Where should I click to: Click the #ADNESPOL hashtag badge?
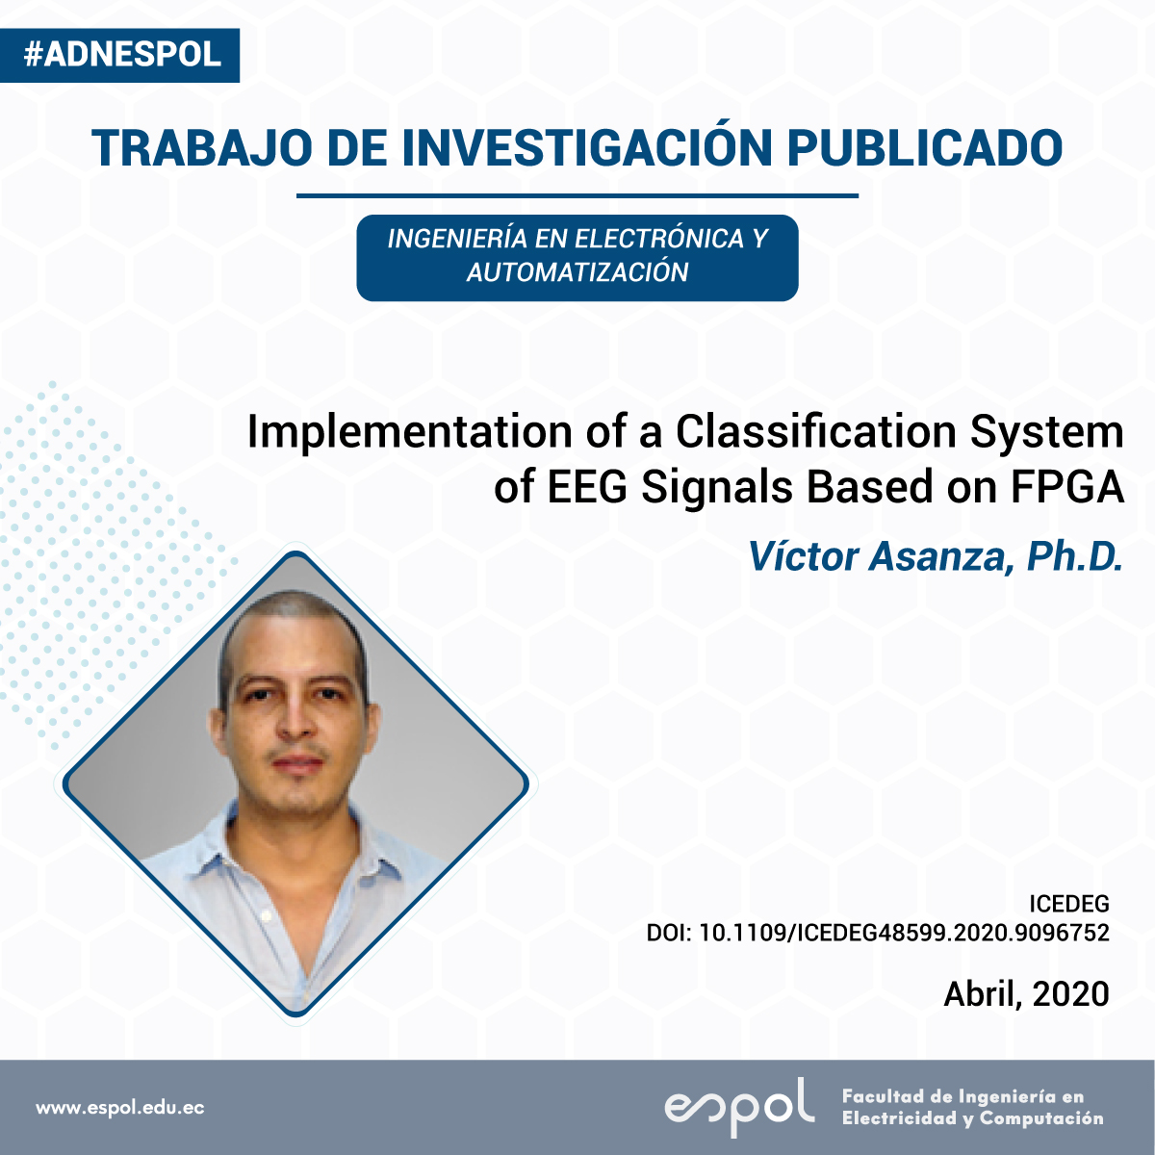pos(120,55)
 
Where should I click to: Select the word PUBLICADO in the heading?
pos(925,147)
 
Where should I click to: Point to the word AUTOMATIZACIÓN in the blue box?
pos(577,272)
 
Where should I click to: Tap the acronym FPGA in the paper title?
pos(1067,487)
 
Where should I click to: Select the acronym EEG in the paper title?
pos(587,487)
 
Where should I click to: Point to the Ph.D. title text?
pos(1074,557)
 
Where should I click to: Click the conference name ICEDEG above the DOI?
pos(1069,903)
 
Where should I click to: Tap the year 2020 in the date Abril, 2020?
pos(1070,993)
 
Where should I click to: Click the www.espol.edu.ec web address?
pos(120,1107)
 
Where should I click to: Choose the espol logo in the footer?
pos(739,1107)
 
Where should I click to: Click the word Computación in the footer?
pos(1041,1118)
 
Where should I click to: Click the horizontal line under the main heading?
pos(577,195)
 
